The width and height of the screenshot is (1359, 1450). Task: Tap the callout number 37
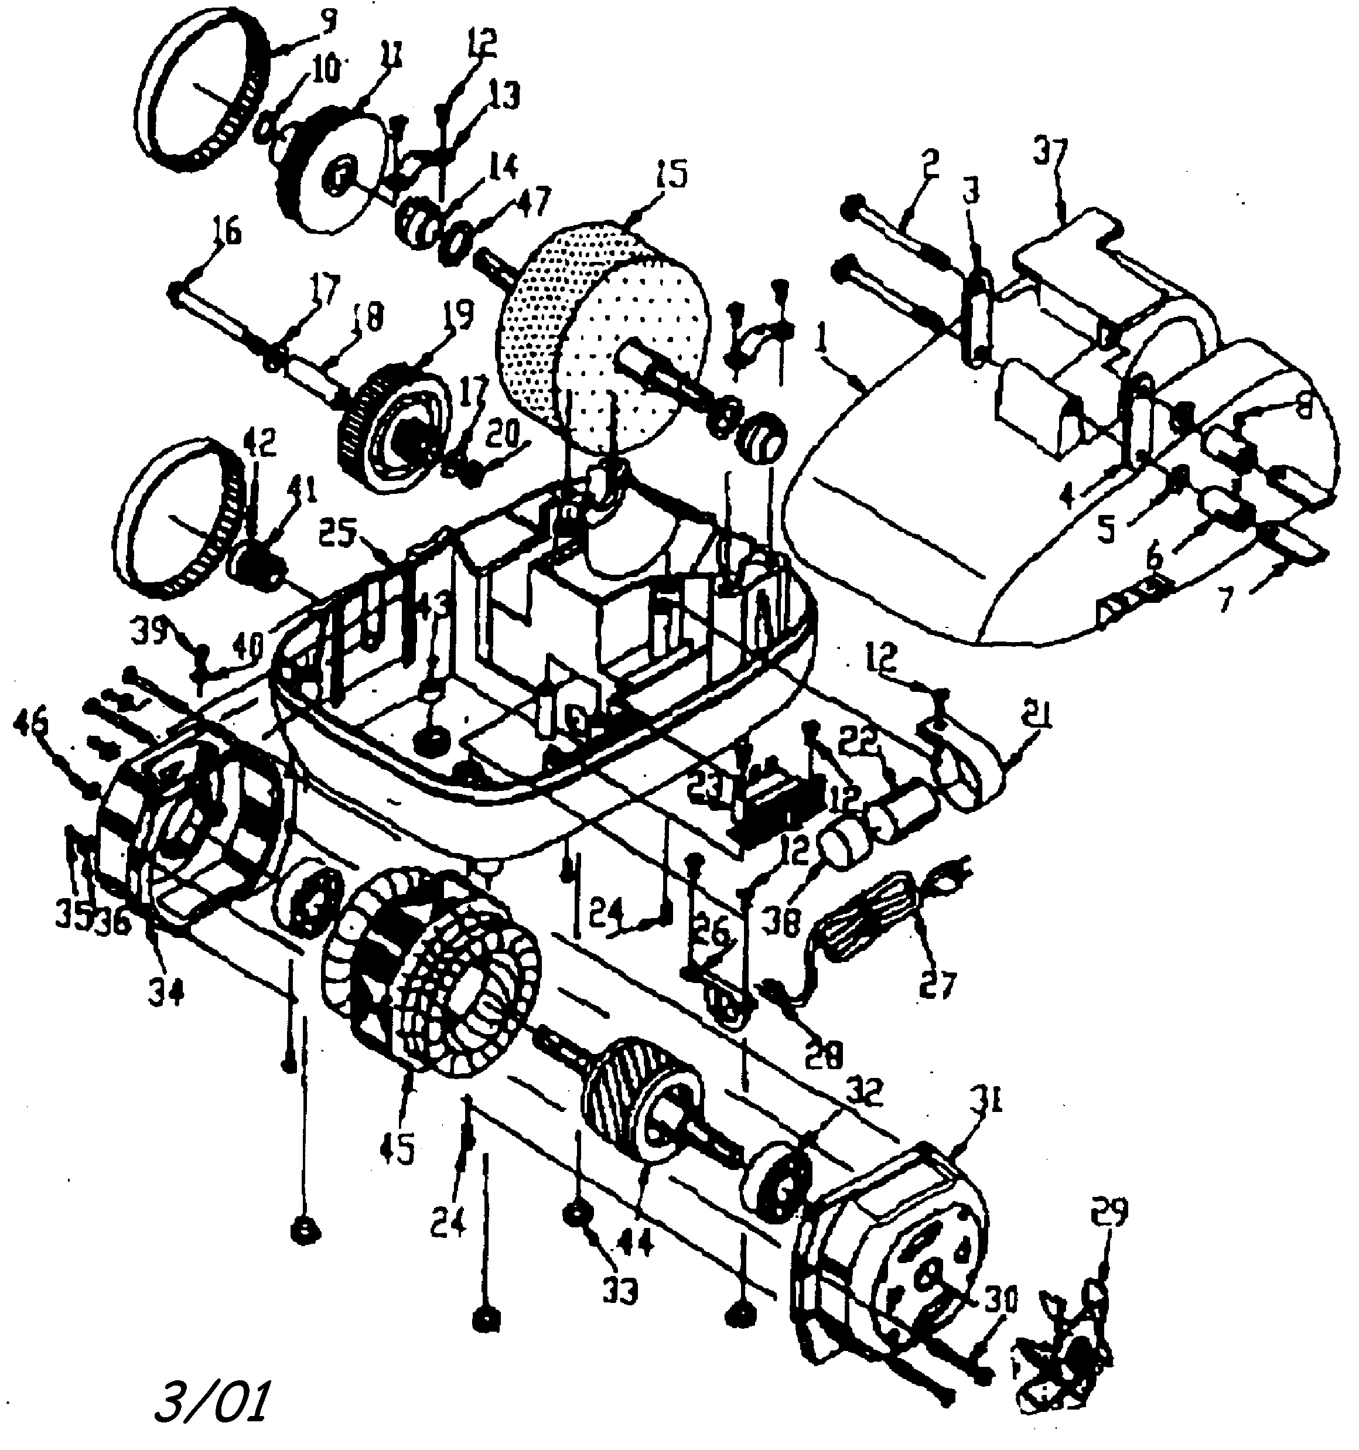[x=1049, y=155]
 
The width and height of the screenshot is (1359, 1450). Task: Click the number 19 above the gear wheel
[x=457, y=315]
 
